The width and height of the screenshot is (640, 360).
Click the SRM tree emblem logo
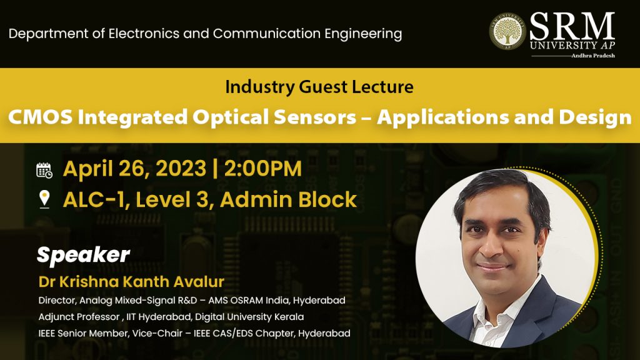pos(507,32)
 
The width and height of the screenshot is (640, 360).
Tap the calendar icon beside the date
pos(44,170)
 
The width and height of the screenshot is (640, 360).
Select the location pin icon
pos(44,199)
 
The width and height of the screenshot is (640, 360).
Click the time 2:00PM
pos(263,168)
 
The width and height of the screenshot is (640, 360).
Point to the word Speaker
pos(83,255)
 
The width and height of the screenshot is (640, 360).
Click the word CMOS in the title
pos(40,117)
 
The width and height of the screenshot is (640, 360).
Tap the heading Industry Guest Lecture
pos(319,86)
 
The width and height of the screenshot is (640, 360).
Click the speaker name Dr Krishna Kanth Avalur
pos(131,282)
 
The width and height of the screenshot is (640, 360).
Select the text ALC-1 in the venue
pos(96,199)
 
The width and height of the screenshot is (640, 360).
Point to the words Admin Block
pos(289,199)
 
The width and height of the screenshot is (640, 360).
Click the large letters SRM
pos(572,26)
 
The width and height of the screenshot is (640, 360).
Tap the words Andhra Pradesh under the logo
pos(593,56)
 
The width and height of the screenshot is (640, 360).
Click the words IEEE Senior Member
pos(83,333)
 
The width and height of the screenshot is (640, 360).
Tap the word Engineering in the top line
pos(363,34)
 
